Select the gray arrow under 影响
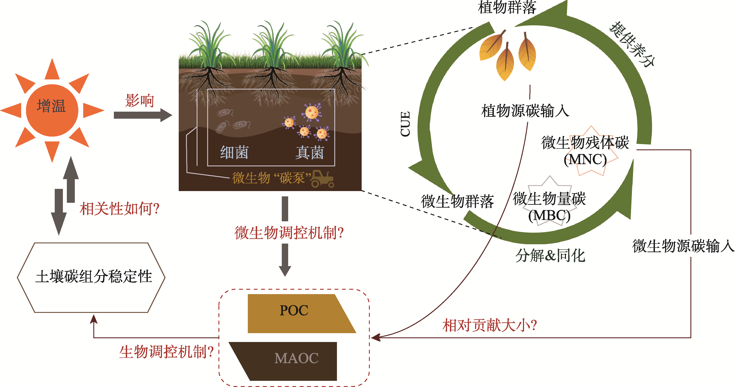[143, 115]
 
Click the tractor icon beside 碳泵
[322, 179]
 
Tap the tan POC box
[297, 313]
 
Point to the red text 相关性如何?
[119, 209]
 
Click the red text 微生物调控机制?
[289, 233]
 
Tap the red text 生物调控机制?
[166, 352]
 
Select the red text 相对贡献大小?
[490, 325]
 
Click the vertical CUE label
[405, 124]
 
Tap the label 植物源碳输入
[525, 111]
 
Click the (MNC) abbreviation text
[585, 159]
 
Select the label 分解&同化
[550, 255]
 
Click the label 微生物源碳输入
[683, 246]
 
